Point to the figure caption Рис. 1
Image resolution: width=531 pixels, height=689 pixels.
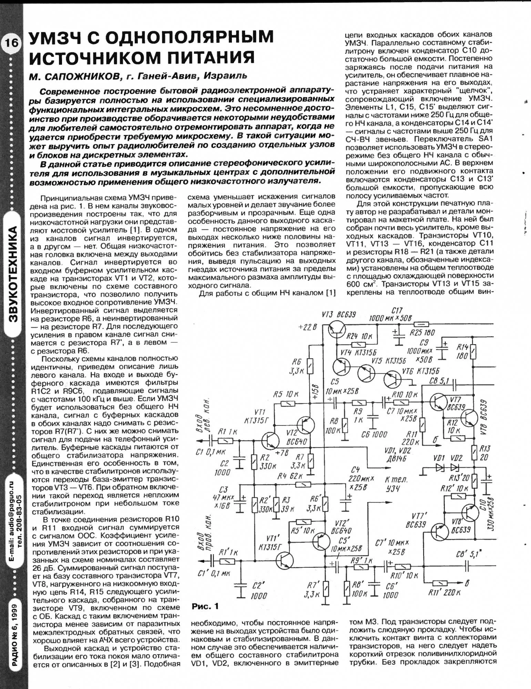point(205,606)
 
